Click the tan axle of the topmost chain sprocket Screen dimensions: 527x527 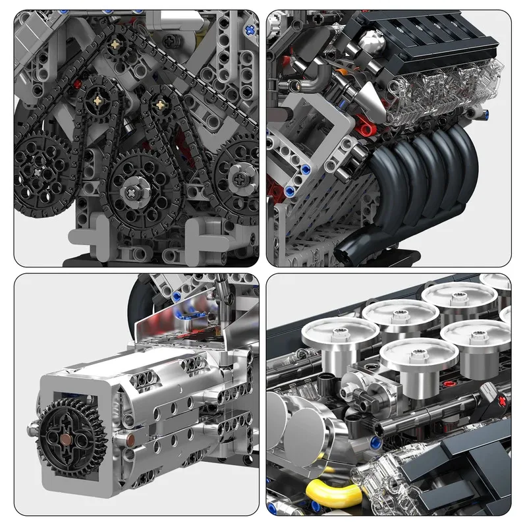(x=117, y=43)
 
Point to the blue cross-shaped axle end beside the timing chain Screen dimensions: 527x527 (x=250, y=29)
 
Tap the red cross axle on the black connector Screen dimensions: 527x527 (x=503, y=401)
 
